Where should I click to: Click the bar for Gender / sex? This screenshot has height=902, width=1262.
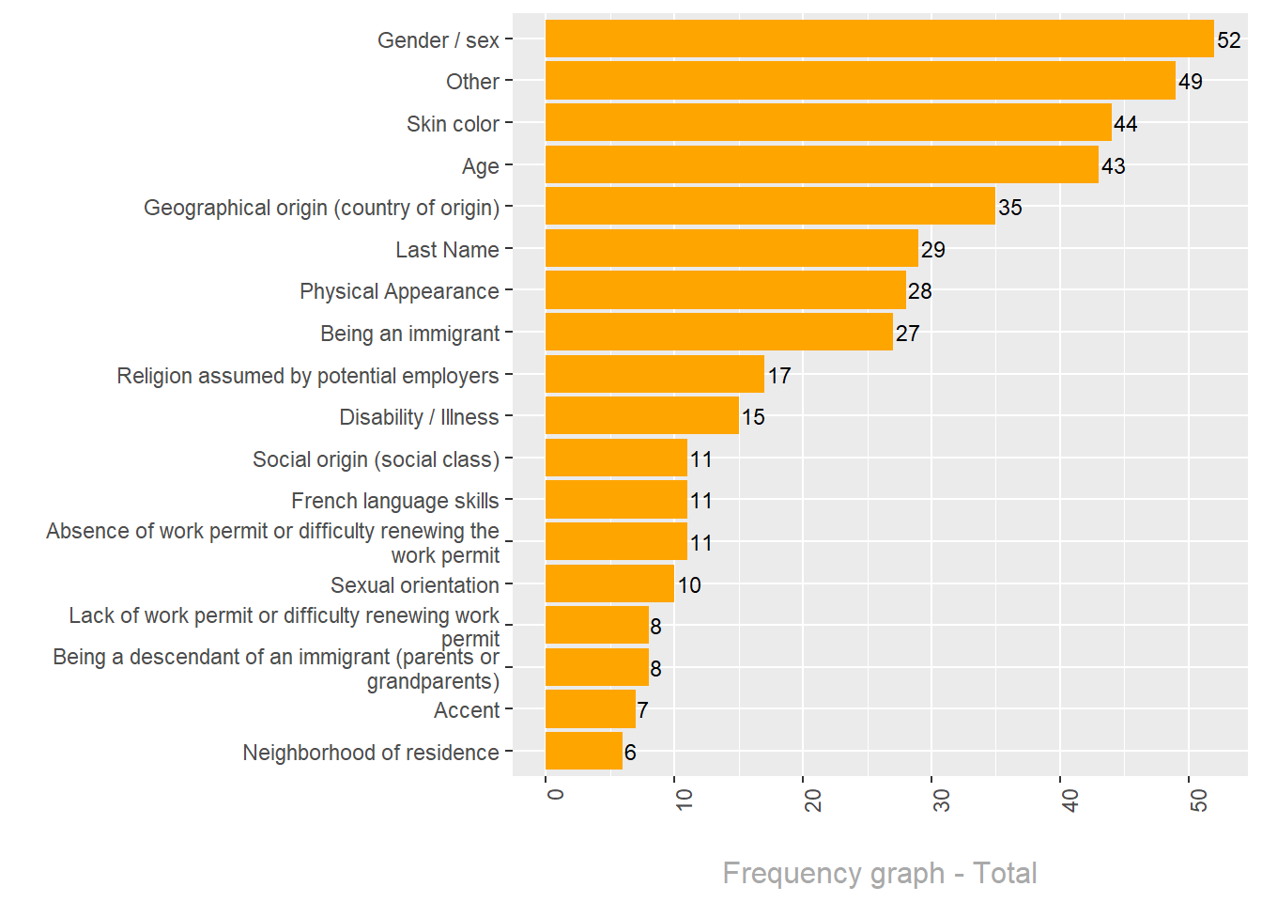pyautogui.click(x=879, y=39)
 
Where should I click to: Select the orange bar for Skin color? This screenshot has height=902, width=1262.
pyautogui.click(x=828, y=123)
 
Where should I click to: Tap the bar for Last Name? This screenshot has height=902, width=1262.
pyautogui.click(x=731, y=249)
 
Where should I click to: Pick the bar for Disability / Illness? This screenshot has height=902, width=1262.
pyautogui.click(x=642, y=416)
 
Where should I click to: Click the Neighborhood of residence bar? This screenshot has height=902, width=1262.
pyautogui.click(x=584, y=752)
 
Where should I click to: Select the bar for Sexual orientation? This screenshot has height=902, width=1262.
pyautogui.click(x=609, y=584)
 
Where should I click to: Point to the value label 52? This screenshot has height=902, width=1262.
pyautogui.click(x=1228, y=40)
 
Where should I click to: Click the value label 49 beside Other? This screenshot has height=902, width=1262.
pyautogui.click(x=1190, y=82)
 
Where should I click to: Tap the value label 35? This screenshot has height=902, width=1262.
pyautogui.click(x=1009, y=208)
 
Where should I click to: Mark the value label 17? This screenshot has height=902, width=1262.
pyautogui.click(x=778, y=376)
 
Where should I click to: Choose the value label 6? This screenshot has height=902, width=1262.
pyautogui.click(x=630, y=753)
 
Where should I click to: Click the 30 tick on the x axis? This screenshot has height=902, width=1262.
pyautogui.click(x=941, y=800)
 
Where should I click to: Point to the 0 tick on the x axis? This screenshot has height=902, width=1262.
pyautogui.click(x=555, y=794)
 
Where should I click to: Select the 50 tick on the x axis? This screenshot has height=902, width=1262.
pyautogui.click(x=1198, y=800)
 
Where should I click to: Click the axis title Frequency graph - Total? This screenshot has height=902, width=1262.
pyautogui.click(x=879, y=873)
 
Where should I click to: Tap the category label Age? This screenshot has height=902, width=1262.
pyautogui.click(x=480, y=166)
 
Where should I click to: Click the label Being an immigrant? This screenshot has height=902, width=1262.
pyautogui.click(x=409, y=334)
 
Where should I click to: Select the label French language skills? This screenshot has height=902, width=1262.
pyautogui.click(x=394, y=501)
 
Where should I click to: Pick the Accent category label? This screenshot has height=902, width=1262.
pyautogui.click(x=466, y=710)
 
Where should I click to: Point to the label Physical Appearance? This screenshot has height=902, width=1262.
pyautogui.click(x=399, y=291)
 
